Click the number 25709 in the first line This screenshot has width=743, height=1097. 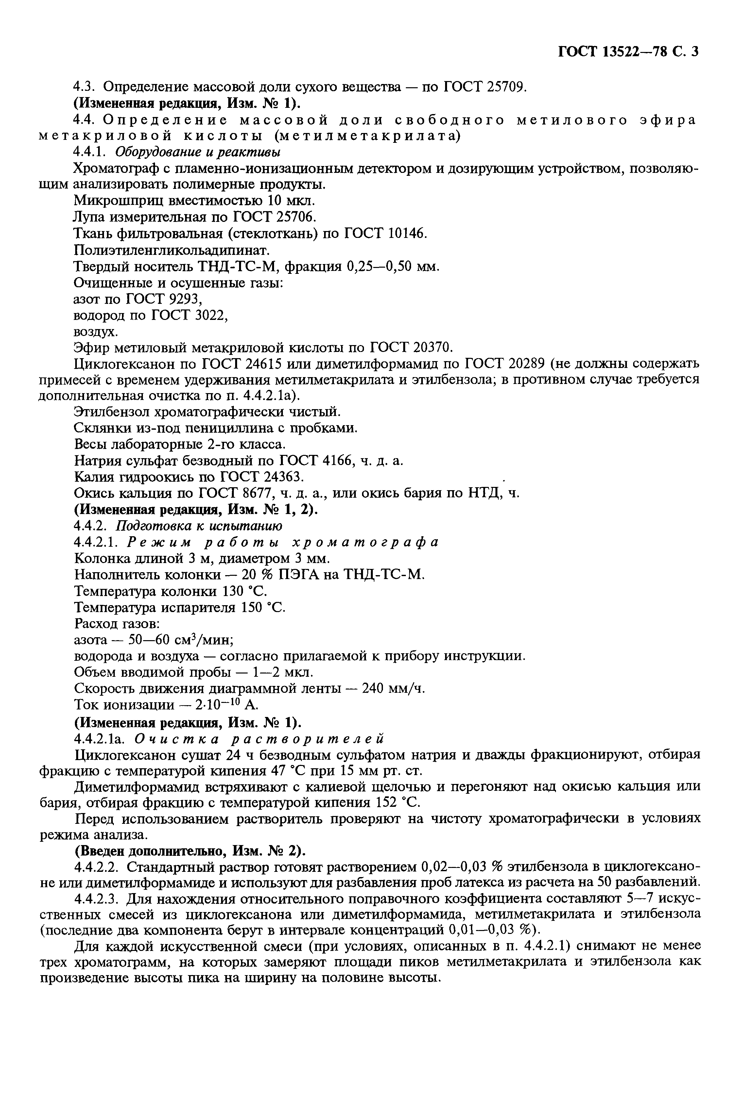point(505,87)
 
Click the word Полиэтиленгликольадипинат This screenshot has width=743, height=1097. point(172,250)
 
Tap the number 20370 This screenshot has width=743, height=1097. point(433,348)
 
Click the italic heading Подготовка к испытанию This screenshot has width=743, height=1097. point(199,526)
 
